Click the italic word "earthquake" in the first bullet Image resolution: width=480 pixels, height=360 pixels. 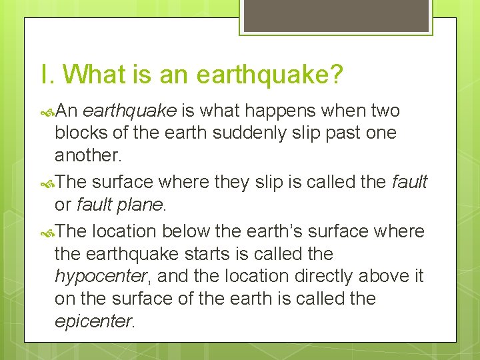tap(130, 110)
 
